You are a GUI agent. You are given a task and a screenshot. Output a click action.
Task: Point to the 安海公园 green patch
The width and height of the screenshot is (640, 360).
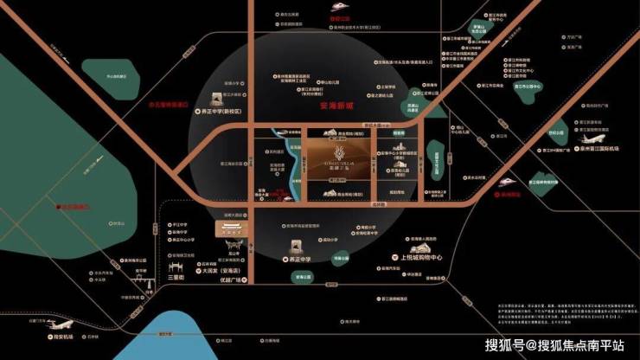pos(304,279)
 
